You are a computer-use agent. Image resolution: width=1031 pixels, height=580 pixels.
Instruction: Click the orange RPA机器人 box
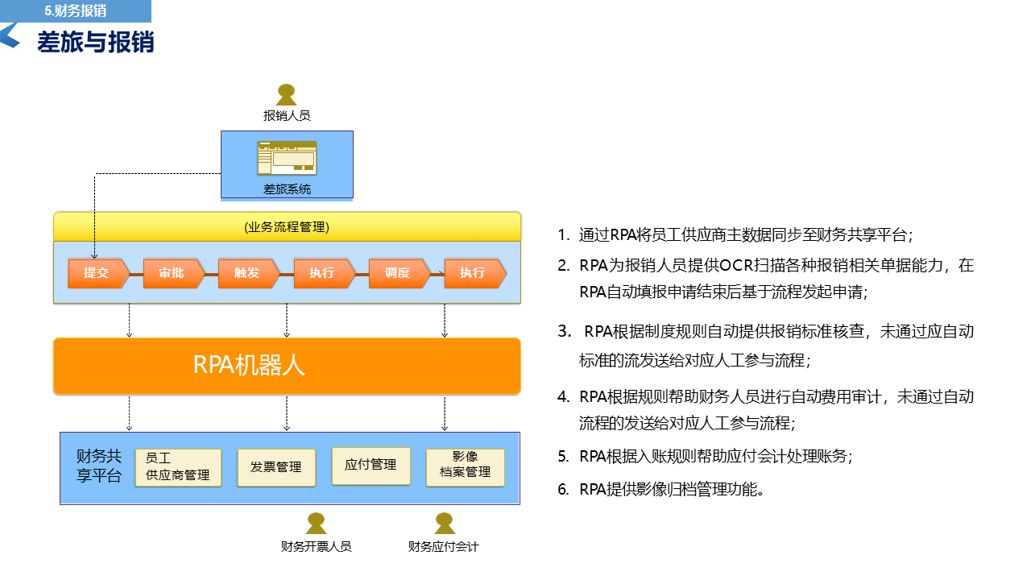pos(287,366)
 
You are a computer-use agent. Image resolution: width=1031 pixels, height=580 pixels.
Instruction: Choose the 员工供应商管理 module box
pos(177,467)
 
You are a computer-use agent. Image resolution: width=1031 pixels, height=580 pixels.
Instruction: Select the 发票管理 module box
pos(276,467)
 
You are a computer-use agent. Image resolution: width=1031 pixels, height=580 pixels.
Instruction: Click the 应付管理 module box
pos(371,465)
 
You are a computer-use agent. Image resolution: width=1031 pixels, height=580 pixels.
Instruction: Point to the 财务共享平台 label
pos(99,466)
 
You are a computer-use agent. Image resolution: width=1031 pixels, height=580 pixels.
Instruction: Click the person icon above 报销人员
pos(287,94)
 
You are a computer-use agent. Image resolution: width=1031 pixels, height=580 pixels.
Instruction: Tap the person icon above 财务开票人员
pos(316,524)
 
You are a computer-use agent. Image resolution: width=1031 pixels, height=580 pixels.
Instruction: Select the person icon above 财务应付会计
pos(444,524)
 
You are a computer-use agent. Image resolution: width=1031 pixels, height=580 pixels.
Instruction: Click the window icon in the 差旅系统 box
pos(287,158)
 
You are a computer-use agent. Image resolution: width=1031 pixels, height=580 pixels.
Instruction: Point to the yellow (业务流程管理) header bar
pos(287,226)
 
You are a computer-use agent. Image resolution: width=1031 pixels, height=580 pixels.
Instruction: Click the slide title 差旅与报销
pos(96,42)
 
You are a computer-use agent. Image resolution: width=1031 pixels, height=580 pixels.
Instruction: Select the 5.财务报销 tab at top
pos(76,11)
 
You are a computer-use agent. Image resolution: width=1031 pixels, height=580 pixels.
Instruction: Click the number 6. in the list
pos(564,489)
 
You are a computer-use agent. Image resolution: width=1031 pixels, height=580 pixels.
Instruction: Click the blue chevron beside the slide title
pos(10,35)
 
